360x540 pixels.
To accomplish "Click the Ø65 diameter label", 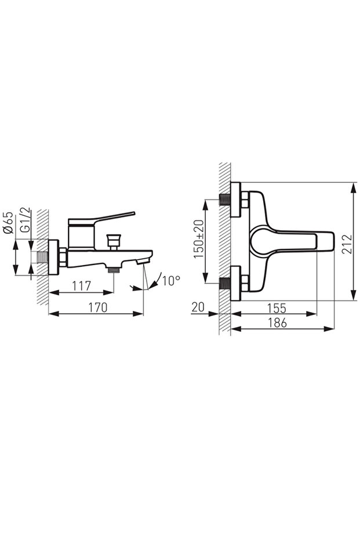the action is [9, 223].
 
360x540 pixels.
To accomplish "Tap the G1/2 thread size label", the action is [26, 220].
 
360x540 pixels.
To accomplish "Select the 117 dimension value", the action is [82, 286].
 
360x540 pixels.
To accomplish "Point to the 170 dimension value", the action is [98, 307].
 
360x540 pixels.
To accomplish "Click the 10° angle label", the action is [172, 281].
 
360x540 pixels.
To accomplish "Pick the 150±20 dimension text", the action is [199, 239].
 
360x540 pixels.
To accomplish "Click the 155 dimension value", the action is [277, 308].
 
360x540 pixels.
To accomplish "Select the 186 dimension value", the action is [277, 323].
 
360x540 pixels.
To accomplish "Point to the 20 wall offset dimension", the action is [198, 307].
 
